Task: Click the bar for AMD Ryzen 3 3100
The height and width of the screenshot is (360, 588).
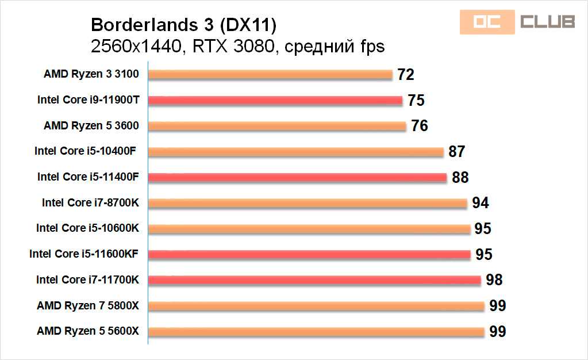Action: click(x=270, y=74)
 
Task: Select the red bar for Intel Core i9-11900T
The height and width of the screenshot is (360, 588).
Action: click(x=275, y=100)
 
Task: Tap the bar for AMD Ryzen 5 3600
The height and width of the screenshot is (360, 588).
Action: click(x=277, y=126)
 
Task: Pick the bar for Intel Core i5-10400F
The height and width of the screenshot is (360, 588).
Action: click(x=296, y=152)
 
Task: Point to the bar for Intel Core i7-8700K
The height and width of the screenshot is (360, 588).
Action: click(x=308, y=203)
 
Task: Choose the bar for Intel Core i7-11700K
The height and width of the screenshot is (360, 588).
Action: click(x=314, y=280)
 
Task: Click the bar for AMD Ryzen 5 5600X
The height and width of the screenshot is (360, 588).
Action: click(x=316, y=331)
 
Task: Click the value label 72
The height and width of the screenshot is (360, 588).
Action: click(x=405, y=75)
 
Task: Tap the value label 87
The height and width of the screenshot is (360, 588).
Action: click(x=456, y=152)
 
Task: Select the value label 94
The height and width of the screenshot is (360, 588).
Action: click(x=480, y=203)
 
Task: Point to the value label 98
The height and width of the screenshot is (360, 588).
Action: click(x=494, y=280)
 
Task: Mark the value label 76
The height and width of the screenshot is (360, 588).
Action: click(x=420, y=126)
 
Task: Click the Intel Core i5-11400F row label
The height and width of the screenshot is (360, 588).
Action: click(x=88, y=177)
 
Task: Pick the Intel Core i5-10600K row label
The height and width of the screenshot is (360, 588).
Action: click(x=87, y=228)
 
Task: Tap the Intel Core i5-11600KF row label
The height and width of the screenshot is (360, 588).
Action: click(x=84, y=254)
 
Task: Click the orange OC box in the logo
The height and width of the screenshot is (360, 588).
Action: click(x=486, y=21)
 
